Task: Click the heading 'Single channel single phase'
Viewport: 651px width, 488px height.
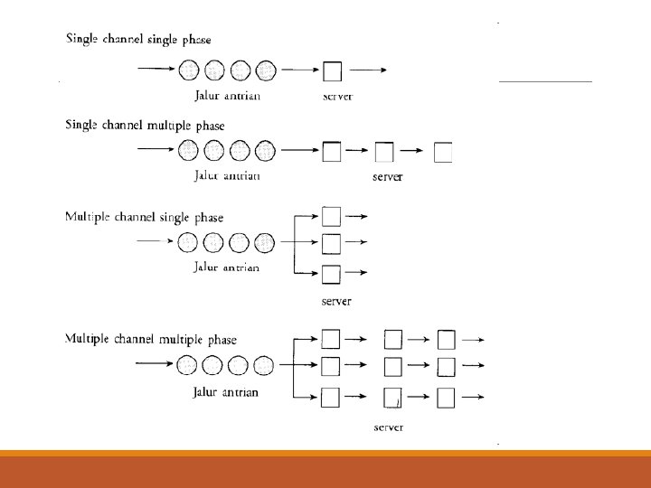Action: pyautogui.click(x=137, y=40)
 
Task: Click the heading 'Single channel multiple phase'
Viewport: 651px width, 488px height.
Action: pyautogui.click(x=145, y=126)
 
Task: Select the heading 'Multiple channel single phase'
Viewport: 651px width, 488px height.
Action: pyautogui.click(x=144, y=217)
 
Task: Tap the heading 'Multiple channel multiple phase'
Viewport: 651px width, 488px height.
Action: pyautogui.click(x=150, y=339)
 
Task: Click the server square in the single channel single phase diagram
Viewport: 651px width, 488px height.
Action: pyautogui.click(x=333, y=70)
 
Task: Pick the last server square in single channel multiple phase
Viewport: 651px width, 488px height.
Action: pyautogui.click(x=443, y=153)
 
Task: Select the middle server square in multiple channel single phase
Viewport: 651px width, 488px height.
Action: pyautogui.click(x=332, y=243)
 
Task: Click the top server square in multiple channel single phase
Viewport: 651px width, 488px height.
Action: pyautogui.click(x=332, y=216)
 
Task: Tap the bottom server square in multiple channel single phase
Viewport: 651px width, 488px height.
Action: pyautogui.click(x=332, y=273)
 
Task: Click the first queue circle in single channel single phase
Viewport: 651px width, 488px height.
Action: pyautogui.click(x=189, y=70)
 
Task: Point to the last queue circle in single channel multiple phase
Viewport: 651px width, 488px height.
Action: pyautogui.click(x=265, y=151)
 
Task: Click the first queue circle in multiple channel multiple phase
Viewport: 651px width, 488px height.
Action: pyautogui.click(x=188, y=365)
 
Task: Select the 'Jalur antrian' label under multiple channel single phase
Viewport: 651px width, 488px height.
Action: pyautogui.click(x=226, y=267)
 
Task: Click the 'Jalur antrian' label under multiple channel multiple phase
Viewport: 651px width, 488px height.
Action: pyautogui.click(x=226, y=392)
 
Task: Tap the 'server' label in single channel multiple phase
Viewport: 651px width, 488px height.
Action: pyautogui.click(x=387, y=177)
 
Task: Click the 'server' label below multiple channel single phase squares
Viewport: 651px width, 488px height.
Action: pyautogui.click(x=336, y=301)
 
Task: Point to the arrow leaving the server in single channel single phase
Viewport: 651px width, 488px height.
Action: pyautogui.click(x=370, y=70)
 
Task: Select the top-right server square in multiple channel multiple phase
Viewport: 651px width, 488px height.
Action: pyautogui.click(x=446, y=339)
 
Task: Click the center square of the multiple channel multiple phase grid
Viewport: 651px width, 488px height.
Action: pyautogui.click(x=393, y=367)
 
